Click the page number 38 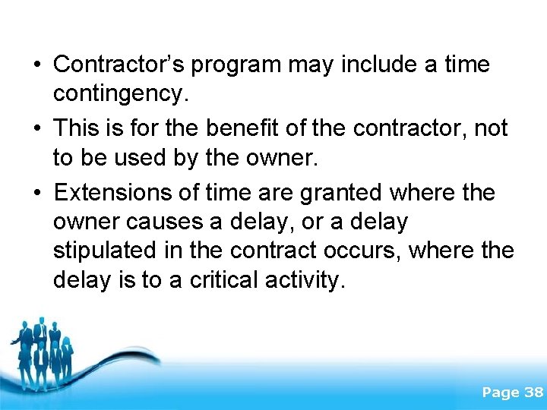pyautogui.click(x=533, y=393)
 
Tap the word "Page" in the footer pyautogui.click(x=501, y=393)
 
